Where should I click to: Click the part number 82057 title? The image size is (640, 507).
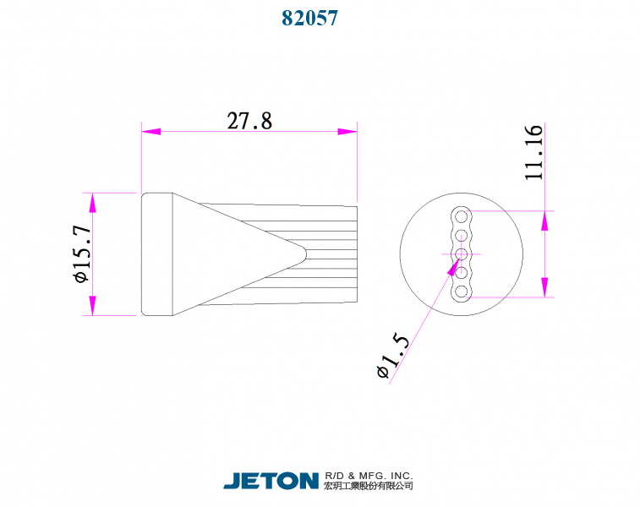[x=309, y=18]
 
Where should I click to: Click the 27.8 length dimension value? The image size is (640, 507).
[x=249, y=121]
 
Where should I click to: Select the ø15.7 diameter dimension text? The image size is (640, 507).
[x=81, y=254]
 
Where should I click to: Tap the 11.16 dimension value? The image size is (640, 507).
[x=533, y=152]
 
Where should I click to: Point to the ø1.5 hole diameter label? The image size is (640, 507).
[x=394, y=356]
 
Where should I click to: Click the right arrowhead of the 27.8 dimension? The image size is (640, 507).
[x=347, y=132]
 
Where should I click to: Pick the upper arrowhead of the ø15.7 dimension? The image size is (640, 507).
[x=91, y=203]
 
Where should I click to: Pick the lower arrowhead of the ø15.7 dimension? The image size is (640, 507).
[x=91, y=306]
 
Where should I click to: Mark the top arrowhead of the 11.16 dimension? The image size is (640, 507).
[x=544, y=220]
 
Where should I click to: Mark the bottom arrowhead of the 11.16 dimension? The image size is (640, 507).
[x=544, y=287]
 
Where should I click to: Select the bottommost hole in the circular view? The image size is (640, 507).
[x=461, y=292]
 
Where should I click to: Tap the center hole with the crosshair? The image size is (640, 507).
[x=461, y=253]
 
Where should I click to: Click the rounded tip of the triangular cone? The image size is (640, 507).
[x=303, y=251]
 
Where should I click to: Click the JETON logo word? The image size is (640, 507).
[x=271, y=481]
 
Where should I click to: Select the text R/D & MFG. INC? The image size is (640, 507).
[x=369, y=476]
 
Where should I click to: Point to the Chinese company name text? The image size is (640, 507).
[x=369, y=487]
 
